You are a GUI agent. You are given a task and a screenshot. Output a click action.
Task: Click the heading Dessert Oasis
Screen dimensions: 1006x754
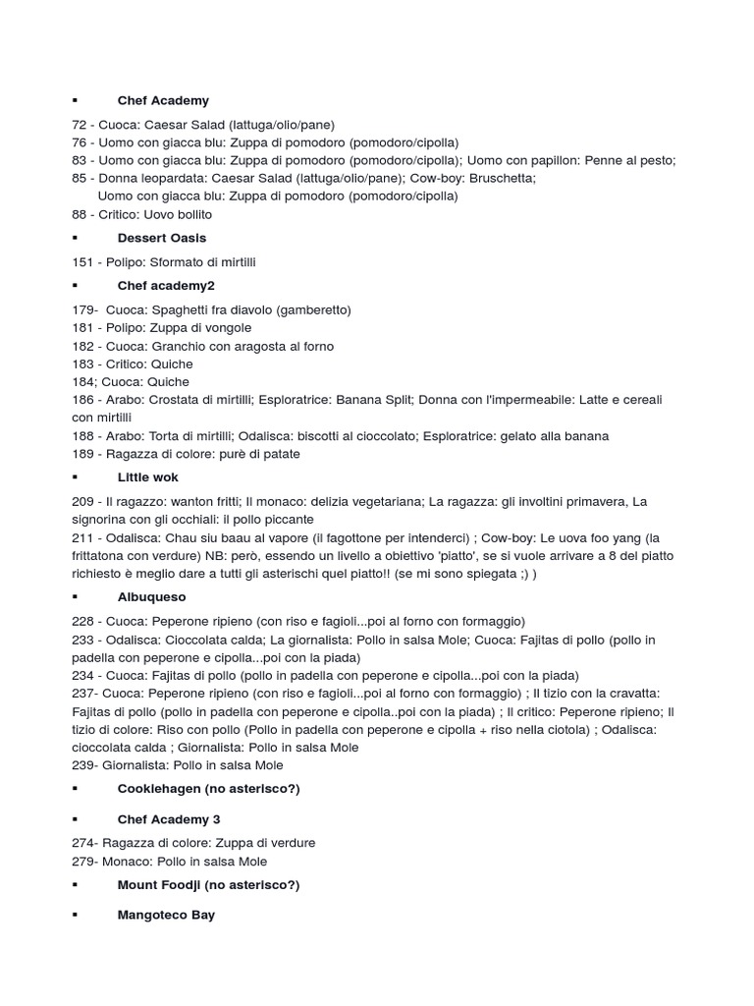pyautogui.click(x=161, y=238)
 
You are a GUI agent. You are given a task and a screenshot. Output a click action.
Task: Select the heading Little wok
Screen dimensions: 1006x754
pyautogui.click(x=147, y=477)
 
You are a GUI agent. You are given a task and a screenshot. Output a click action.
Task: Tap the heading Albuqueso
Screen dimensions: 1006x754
pyautogui.click(x=151, y=596)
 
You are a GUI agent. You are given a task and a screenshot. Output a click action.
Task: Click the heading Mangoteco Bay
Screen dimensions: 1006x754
pyautogui.click(x=166, y=915)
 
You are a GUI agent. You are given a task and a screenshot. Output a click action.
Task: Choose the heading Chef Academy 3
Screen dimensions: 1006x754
pyautogui.click(x=168, y=819)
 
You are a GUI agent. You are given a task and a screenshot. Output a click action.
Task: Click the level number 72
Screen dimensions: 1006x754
pyautogui.click(x=80, y=125)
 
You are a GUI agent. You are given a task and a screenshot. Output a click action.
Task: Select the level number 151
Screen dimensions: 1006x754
pyautogui.click(x=82, y=261)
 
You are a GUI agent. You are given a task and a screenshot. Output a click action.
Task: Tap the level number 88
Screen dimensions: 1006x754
pyautogui.click(x=80, y=214)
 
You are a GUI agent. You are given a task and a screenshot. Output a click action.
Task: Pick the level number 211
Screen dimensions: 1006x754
pyautogui.click(x=82, y=537)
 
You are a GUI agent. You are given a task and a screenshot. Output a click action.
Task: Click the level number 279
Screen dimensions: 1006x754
pyautogui.click(x=82, y=862)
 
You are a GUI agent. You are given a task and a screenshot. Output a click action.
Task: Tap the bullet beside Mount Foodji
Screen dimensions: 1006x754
pyautogui.click(x=75, y=885)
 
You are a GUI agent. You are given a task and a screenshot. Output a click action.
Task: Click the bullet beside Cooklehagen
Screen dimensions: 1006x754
pyautogui.click(x=75, y=789)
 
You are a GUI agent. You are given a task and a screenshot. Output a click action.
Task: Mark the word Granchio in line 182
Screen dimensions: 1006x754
pyautogui.click(x=179, y=346)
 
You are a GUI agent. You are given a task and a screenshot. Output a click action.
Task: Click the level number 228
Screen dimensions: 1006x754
pyautogui.click(x=82, y=621)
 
